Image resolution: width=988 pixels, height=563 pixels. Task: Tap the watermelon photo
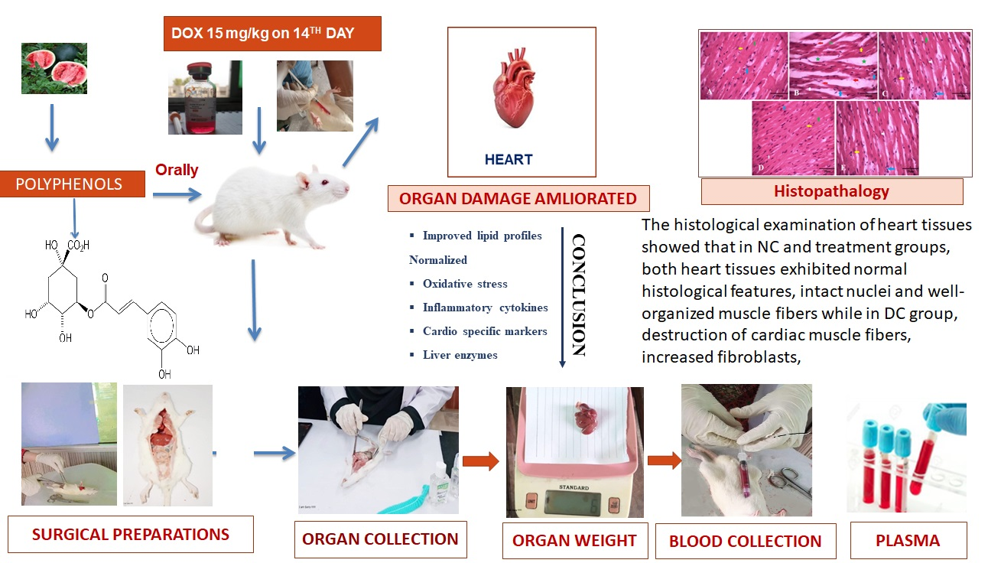point(54,68)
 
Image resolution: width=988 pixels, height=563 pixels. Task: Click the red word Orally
point(177,170)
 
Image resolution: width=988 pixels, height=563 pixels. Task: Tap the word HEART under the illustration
point(509,160)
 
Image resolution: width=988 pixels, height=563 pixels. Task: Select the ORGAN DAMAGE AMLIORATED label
point(518,199)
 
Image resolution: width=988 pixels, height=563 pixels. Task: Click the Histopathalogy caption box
point(831,191)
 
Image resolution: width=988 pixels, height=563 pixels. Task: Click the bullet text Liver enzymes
point(460,355)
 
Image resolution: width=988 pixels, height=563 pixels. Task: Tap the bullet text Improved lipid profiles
point(482,236)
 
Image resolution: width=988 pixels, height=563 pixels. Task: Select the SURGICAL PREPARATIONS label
point(131,534)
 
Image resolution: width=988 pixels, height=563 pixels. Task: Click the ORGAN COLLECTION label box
point(380,539)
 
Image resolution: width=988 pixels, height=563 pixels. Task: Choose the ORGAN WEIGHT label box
point(574,541)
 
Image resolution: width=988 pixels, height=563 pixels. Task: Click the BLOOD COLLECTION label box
point(745,542)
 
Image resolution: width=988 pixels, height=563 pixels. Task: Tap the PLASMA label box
point(908,540)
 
